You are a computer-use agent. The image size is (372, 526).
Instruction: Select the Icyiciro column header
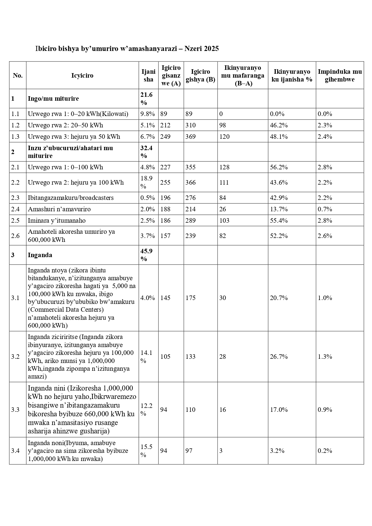click(82, 76)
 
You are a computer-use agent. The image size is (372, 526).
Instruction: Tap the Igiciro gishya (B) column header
click(200, 76)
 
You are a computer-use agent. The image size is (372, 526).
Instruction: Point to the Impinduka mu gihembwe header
click(340, 76)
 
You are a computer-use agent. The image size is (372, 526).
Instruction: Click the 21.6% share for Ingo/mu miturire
click(146, 99)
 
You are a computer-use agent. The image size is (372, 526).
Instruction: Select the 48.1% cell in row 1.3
click(279, 137)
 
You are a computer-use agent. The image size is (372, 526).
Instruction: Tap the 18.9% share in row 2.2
click(146, 182)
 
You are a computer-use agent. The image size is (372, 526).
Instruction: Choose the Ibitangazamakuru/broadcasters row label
click(71, 198)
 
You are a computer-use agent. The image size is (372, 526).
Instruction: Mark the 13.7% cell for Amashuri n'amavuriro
click(279, 209)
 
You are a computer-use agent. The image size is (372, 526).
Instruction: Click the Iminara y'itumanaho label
click(57, 221)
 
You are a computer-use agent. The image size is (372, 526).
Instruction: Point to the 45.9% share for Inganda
click(146, 255)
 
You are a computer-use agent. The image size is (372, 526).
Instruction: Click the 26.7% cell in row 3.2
click(279, 357)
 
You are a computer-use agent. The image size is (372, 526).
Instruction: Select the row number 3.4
click(15, 451)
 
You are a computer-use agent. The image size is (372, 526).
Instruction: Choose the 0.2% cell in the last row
click(325, 451)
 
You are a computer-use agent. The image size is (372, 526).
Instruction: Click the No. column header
click(18, 76)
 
